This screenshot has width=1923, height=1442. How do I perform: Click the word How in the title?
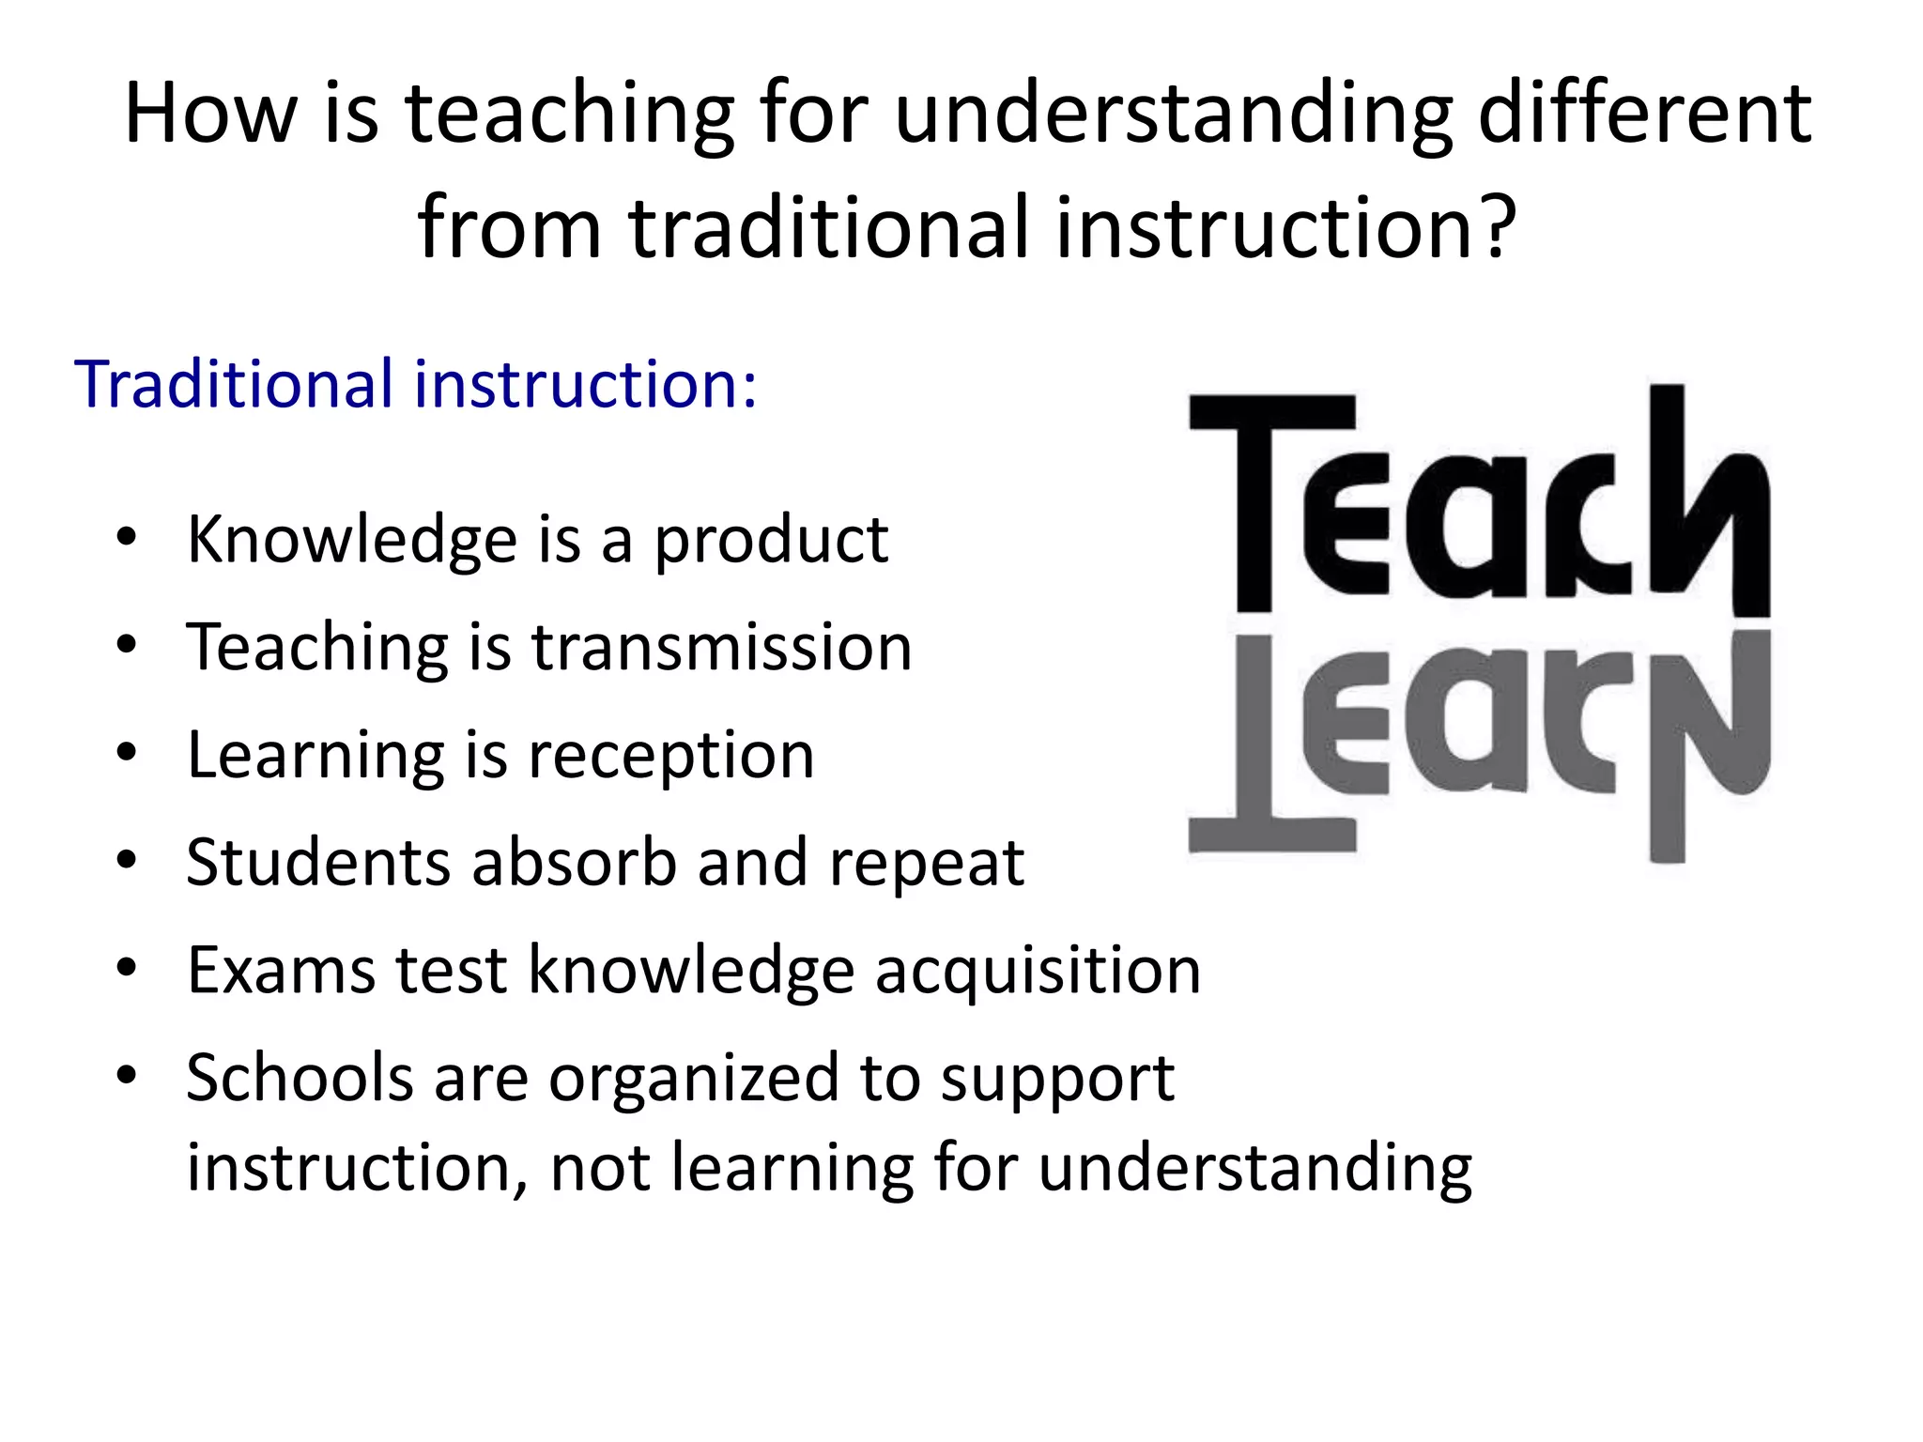point(209,115)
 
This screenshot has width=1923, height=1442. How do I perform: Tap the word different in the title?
point(1644,115)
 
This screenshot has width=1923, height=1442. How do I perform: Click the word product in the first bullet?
point(771,542)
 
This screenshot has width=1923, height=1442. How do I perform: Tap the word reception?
point(670,757)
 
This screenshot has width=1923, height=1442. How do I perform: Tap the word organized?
point(694,1080)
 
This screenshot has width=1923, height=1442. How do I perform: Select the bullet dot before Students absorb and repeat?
point(127,860)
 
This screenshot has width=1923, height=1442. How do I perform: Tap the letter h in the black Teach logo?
point(1705,498)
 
